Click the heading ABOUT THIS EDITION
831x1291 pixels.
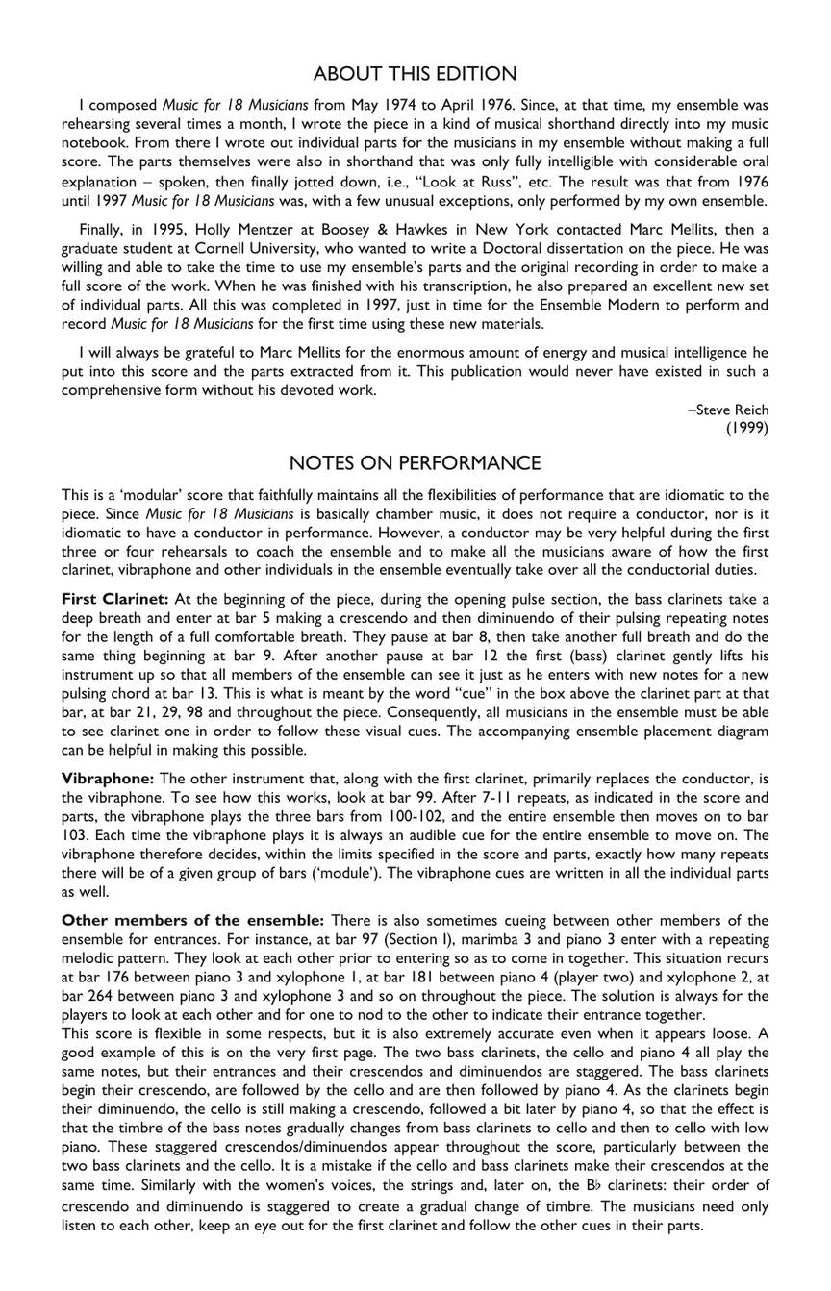[415, 74]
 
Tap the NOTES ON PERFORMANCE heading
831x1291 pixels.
[415, 463]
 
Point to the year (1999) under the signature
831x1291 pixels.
[747, 429]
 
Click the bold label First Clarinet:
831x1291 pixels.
[115, 599]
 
